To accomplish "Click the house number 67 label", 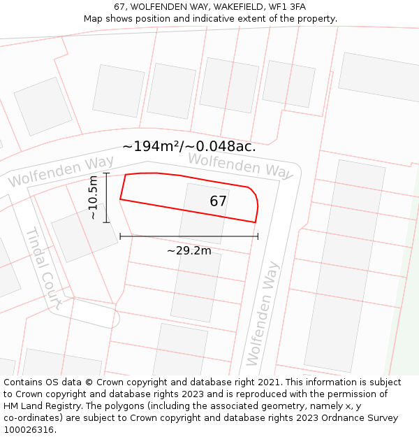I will pos(218,201).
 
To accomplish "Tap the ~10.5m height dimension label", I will pos(93,198).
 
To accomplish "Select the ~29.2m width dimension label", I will pos(189,250).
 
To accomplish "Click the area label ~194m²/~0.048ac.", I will pos(189,146).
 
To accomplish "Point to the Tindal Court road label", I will pos(44,267).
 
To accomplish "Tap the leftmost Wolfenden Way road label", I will pos(61,172).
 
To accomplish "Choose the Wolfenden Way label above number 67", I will pos(240,165).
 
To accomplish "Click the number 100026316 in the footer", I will pos(29,429).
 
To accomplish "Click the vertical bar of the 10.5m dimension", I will pos(106,198).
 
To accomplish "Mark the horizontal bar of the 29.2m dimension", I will pos(189,236).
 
